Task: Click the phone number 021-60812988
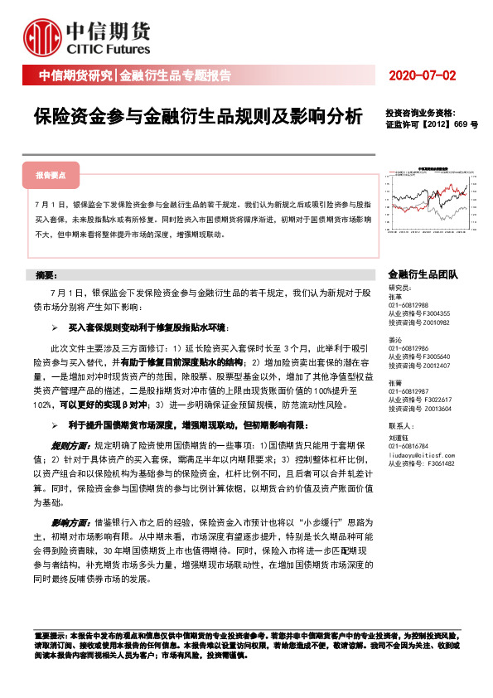coord(409,305)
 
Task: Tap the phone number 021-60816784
coord(409,446)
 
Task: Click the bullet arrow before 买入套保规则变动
coord(54,328)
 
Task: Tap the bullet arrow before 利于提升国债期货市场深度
coord(54,424)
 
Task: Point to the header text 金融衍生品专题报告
coord(175,76)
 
